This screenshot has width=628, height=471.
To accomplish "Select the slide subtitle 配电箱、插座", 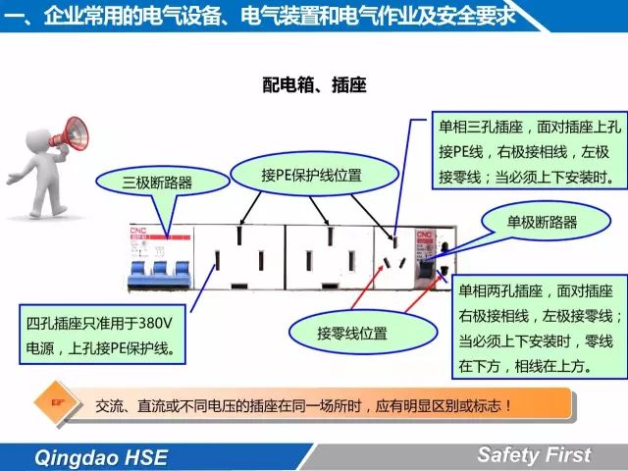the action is (314, 85).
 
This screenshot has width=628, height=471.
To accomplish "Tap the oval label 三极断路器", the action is (161, 183).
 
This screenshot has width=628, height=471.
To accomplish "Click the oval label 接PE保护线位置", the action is (314, 175).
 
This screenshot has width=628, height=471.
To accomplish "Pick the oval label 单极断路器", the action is (546, 222).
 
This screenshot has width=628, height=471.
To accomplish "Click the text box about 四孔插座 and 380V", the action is (102, 335).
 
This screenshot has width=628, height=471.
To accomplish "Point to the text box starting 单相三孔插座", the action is (530, 150).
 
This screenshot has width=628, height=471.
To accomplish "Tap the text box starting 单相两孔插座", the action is (540, 327).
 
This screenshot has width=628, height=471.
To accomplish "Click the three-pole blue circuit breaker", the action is (160, 257).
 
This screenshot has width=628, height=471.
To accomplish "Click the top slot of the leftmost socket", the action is (239, 235).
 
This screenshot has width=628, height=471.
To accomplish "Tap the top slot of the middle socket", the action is (330, 236).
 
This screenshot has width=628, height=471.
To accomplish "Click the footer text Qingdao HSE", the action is (101, 457).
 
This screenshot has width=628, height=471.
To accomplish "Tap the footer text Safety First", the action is (534, 455).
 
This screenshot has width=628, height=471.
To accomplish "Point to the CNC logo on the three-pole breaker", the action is (138, 231).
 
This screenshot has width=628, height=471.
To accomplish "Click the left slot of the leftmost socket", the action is (217, 261).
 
